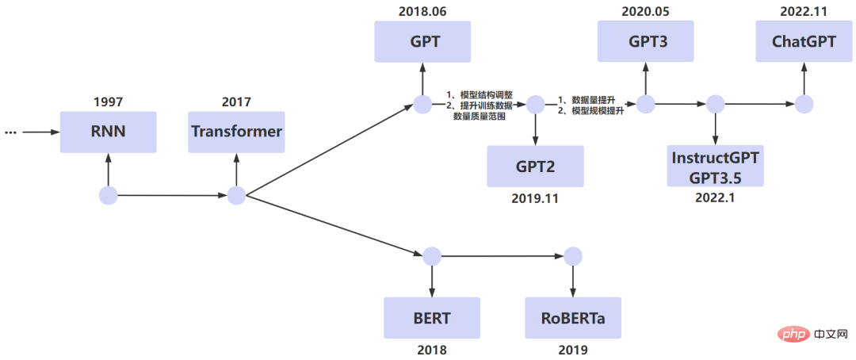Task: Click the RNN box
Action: [109, 132]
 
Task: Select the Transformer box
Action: [236, 132]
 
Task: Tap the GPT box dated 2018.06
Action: [423, 41]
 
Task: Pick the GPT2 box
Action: [535, 166]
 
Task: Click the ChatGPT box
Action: [804, 41]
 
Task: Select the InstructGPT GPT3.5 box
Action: [716, 166]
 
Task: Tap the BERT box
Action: [432, 318]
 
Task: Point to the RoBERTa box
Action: [572, 318]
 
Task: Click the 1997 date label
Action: [109, 102]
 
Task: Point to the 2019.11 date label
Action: [535, 198]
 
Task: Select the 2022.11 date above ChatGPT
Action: [804, 10]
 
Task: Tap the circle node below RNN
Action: [109, 195]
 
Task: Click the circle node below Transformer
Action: [236, 195]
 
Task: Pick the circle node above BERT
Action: [432, 256]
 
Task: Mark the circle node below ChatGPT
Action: [804, 104]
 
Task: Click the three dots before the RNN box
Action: [11, 132]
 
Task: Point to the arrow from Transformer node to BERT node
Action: [333, 225]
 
